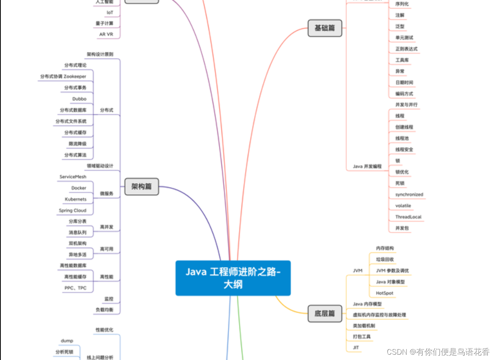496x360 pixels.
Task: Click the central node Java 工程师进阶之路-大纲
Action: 233,278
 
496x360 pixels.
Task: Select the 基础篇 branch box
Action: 325,28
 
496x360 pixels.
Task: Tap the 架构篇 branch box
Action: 141,187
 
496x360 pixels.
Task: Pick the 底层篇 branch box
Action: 325,313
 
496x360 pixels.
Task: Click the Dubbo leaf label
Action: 79,99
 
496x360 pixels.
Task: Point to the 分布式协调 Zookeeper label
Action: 63,77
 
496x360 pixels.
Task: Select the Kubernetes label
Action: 76,199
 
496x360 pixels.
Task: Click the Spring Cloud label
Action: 72,211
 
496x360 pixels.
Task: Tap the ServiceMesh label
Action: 73,177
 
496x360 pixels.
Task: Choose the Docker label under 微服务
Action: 79,188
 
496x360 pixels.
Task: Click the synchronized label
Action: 409,195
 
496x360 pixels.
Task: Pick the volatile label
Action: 403,206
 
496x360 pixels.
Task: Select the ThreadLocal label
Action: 408,217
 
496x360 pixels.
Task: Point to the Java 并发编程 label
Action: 367,167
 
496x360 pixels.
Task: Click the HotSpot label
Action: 384,293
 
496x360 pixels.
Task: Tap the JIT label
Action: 356,348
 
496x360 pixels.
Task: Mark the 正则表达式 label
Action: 406,49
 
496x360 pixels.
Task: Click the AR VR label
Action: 106,34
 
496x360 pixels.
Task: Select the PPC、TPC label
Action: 75,288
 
